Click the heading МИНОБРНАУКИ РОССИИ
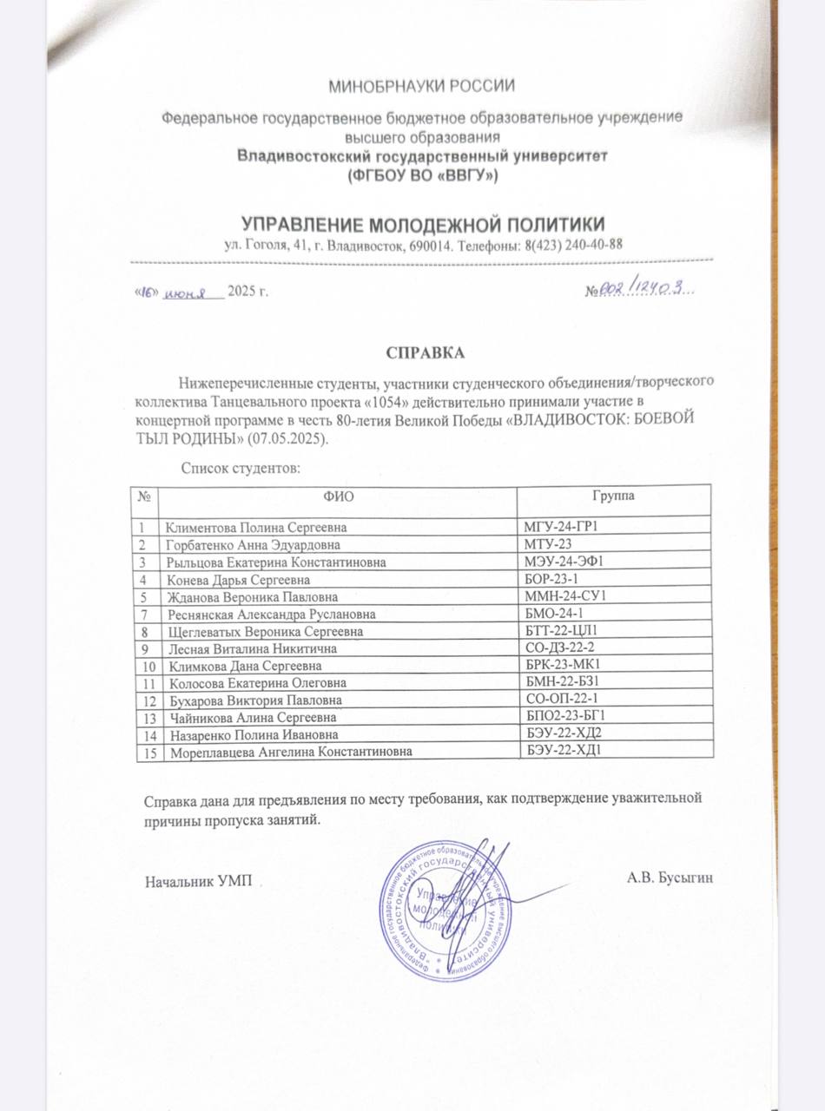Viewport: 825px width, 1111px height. (x=421, y=86)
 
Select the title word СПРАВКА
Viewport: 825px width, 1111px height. (x=426, y=353)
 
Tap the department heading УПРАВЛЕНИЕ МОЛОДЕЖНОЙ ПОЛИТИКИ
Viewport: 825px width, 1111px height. (x=423, y=223)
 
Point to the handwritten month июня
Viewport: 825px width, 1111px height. (x=189, y=292)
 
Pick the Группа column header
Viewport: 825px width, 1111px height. (x=613, y=496)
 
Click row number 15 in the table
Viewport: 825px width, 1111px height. (x=148, y=753)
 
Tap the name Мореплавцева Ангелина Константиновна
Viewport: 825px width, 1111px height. (x=290, y=753)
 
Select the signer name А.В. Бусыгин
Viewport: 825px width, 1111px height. (x=670, y=878)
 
